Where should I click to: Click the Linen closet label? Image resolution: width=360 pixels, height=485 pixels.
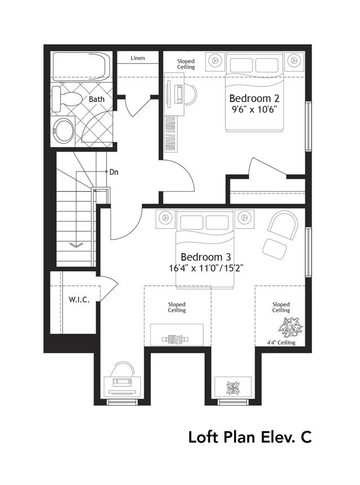tap(138, 58)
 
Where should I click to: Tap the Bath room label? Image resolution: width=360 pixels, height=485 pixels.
tap(97, 99)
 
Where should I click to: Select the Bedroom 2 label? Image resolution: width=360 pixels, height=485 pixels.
tap(254, 98)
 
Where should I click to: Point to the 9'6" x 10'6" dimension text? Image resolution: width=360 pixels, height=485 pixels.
tap(254, 109)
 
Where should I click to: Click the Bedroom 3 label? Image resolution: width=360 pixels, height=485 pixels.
tap(206, 257)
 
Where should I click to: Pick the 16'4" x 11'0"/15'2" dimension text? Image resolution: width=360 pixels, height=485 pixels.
tap(206, 268)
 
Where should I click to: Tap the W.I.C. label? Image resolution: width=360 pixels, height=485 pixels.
tap(79, 299)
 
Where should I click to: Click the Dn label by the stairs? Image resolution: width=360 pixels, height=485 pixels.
tap(114, 172)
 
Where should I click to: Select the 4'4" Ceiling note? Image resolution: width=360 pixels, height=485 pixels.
tap(281, 342)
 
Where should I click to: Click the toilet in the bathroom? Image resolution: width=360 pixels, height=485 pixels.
tap(66, 99)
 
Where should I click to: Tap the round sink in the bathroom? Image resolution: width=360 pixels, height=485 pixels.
tap(63, 130)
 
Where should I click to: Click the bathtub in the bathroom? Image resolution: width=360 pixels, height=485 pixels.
tap(81, 67)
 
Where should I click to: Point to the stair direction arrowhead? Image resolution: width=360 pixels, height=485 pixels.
tap(76, 245)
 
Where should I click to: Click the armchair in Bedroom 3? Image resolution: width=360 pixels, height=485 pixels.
tap(283, 225)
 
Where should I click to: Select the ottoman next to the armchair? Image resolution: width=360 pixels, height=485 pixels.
tap(275, 249)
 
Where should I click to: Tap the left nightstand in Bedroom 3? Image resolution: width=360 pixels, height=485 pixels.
tap(166, 218)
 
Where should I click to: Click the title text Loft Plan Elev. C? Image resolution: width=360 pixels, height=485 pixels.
tap(250, 437)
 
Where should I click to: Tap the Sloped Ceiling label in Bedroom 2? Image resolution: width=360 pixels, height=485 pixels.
tap(186, 64)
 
